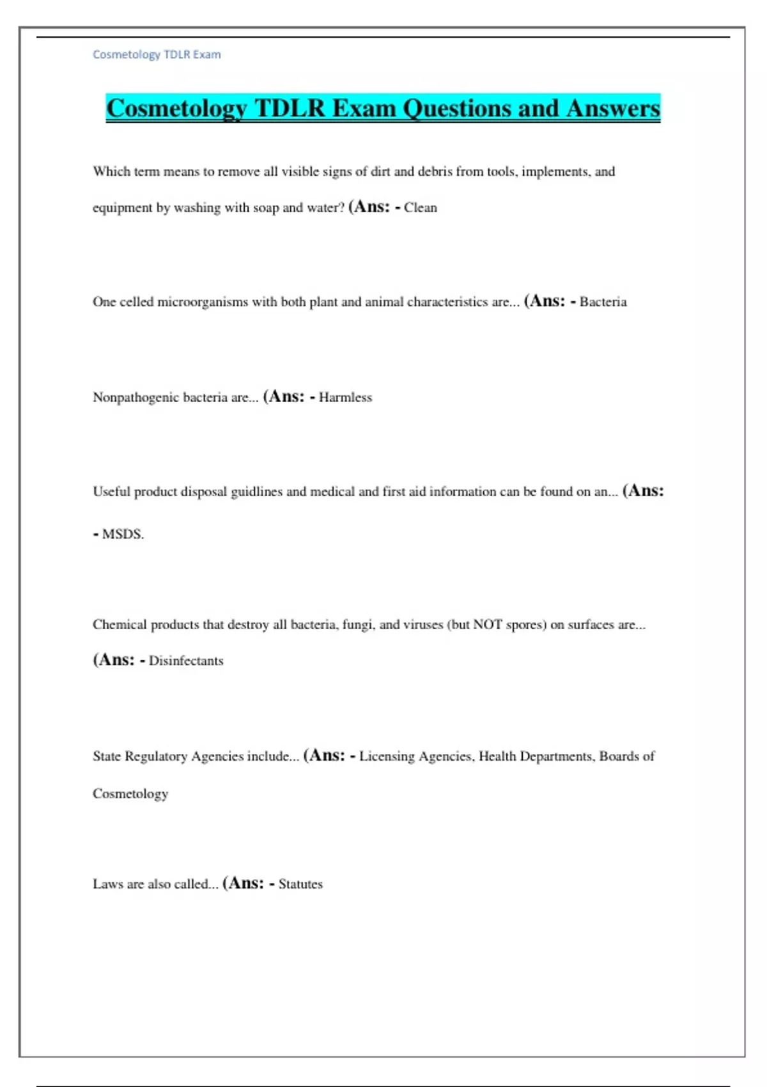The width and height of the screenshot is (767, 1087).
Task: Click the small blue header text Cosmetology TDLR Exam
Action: click(157, 54)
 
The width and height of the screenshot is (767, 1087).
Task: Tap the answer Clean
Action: click(420, 208)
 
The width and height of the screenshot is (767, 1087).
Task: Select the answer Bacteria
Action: click(603, 302)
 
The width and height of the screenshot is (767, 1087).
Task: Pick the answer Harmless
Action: click(345, 397)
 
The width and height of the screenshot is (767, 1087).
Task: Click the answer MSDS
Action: click(123, 534)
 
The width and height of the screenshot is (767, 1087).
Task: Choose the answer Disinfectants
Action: click(186, 661)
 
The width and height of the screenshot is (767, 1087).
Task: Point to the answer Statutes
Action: click(300, 884)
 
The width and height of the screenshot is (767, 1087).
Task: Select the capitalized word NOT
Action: click(487, 625)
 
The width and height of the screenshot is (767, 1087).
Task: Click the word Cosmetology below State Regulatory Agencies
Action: click(130, 794)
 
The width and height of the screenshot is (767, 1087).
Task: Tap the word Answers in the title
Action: click(613, 108)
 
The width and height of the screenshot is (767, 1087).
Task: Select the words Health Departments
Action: click(537, 756)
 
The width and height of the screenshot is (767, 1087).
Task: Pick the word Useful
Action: click(111, 492)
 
